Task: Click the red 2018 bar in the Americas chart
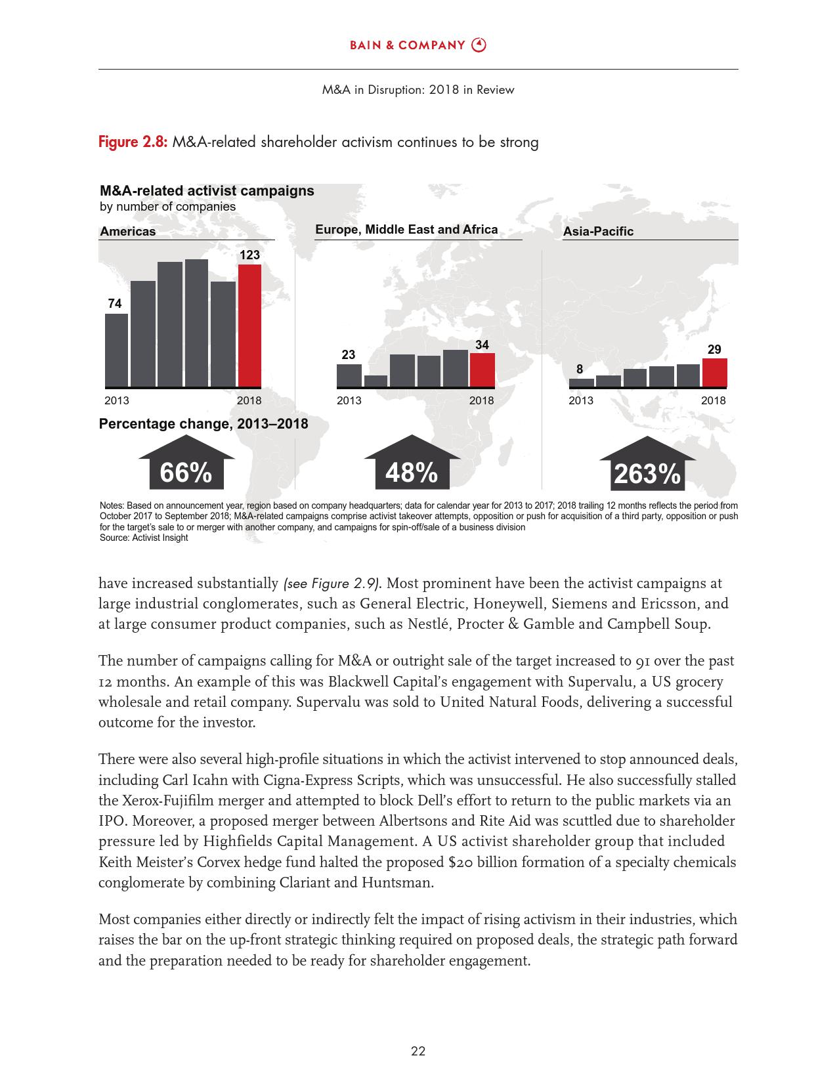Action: [x=249, y=326]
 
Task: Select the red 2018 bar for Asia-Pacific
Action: [x=714, y=373]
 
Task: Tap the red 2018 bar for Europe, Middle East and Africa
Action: [x=482, y=370]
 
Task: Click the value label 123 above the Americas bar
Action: [x=249, y=255]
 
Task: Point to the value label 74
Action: [x=115, y=303]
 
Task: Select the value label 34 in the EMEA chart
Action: [x=482, y=345]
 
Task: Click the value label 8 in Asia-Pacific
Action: [x=580, y=370]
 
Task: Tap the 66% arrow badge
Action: [x=186, y=467]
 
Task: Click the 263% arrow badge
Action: [x=647, y=469]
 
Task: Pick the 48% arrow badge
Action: [x=412, y=467]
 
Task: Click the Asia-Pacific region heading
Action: [x=598, y=231]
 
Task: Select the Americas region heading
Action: [x=128, y=231]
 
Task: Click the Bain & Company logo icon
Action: [x=480, y=45]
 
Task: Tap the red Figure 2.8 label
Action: [x=133, y=142]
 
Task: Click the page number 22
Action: [x=418, y=1051]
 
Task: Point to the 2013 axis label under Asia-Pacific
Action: [x=581, y=400]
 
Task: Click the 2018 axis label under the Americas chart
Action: [x=249, y=400]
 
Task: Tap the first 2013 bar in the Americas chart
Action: [x=116, y=350]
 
